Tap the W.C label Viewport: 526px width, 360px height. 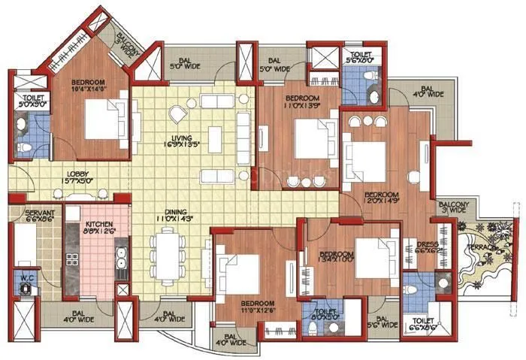coord(27,278)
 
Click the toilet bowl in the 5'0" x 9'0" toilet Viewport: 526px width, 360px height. coord(26,145)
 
